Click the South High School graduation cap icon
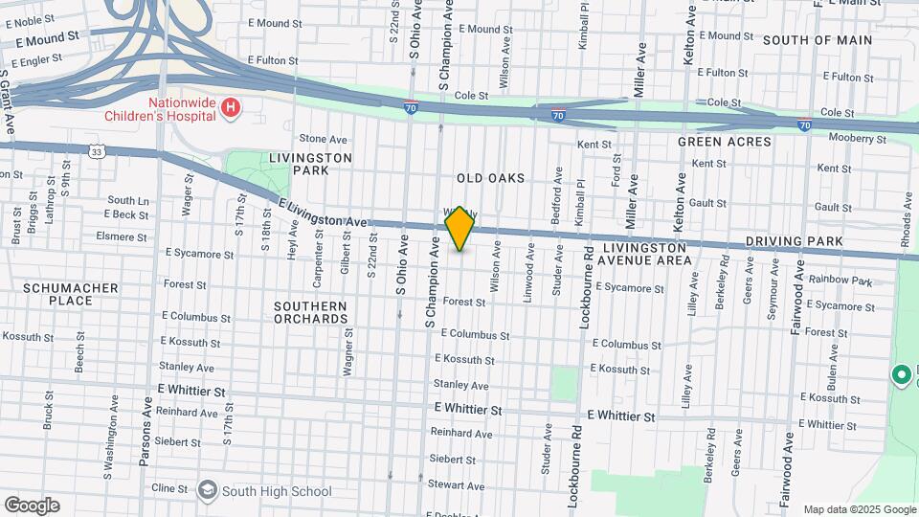coord(207,491)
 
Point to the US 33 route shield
coord(97,151)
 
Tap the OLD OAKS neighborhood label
coord(490,178)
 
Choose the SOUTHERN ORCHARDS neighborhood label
coord(310,312)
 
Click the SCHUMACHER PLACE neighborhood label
coord(71,294)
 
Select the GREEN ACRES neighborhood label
coord(724,142)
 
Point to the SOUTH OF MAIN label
coord(818,40)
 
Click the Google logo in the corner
coord(32,506)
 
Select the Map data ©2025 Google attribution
coord(859,509)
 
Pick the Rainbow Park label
coord(841,281)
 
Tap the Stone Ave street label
coord(323,139)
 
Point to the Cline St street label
coord(169,488)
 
